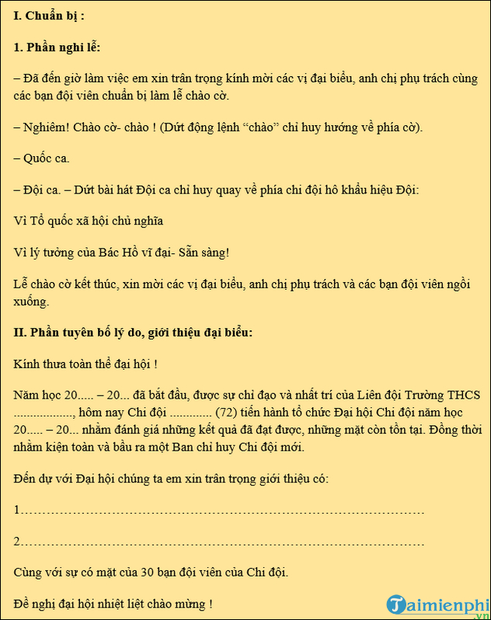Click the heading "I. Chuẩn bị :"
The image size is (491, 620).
(50, 16)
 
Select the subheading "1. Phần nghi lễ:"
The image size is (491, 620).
(57, 47)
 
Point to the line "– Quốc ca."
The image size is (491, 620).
(42, 158)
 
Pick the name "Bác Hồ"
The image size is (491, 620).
(127, 253)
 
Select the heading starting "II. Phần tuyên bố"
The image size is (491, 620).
(133, 332)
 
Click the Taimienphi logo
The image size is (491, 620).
(435, 604)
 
